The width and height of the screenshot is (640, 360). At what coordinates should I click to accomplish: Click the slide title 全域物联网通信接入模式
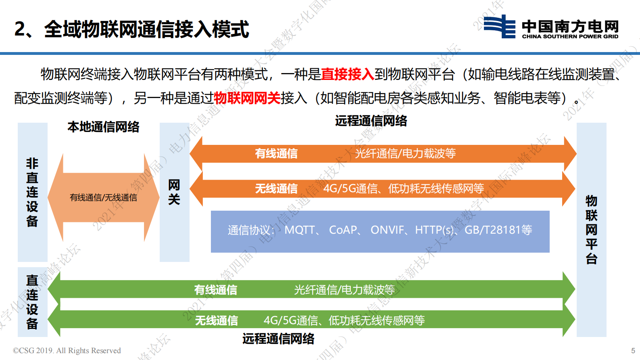pyautogui.click(x=131, y=29)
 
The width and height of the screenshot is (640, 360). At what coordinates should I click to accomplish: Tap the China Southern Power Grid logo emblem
pyautogui.click(x=499, y=27)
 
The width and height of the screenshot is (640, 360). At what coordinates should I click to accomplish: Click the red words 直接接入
pyautogui.click(x=347, y=74)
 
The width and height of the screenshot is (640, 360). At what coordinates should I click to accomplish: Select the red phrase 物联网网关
pyautogui.click(x=247, y=98)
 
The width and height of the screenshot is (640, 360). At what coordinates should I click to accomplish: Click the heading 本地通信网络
pyautogui.click(x=103, y=127)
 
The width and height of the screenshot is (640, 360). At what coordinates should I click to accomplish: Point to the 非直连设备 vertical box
pyautogui.click(x=32, y=192)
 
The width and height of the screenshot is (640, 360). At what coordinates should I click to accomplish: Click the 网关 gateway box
pyautogui.click(x=174, y=192)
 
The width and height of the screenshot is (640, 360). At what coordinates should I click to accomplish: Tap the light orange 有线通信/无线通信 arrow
pyautogui.click(x=103, y=197)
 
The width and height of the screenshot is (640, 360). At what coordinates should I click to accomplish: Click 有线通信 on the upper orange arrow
pyautogui.click(x=276, y=153)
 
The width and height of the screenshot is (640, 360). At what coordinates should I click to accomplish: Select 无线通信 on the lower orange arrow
pyautogui.click(x=276, y=188)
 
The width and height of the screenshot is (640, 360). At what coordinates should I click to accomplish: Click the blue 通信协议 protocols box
pyautogui.click(x=380, y=231)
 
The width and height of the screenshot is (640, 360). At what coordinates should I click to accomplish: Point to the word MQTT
pyautogui.click(x=300, y=230)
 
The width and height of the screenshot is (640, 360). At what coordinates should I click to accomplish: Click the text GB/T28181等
pyautogui.click(x=498, y=230)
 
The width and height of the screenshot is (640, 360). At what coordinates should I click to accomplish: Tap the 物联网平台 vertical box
pyautogui.click(x=591, y=229)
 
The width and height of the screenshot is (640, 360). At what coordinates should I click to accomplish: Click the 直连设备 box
pyautogui.click(x=32, y=302)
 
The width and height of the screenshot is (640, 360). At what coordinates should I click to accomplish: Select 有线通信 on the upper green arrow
pyautogui.click(x=216, y=290)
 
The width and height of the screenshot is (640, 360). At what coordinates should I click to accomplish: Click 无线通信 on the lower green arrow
pyautogui.click(x=217, y=320)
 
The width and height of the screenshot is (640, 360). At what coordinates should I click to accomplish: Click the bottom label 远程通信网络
pyautogui.click(x=278, y=339)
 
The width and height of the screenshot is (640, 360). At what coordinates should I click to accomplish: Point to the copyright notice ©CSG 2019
pyautogui.click(x=67, y=350)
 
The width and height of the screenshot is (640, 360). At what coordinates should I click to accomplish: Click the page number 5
pyautogui.click(x=633, y=351)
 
